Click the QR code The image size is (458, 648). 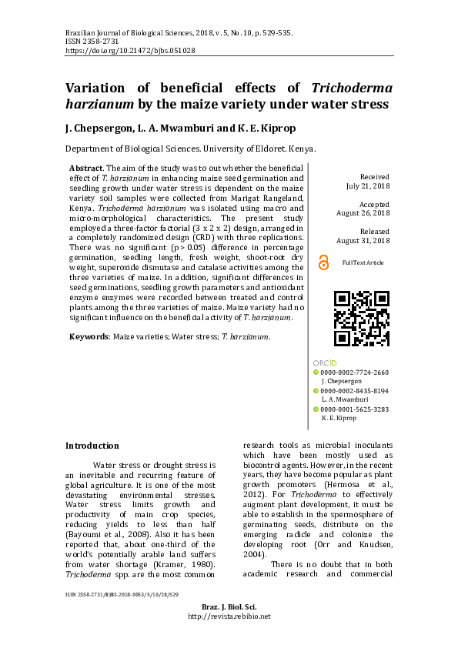point(361,318)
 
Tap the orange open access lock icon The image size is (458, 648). point(323,262)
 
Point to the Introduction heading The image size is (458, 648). point(92,445)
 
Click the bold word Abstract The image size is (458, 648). point(86,168)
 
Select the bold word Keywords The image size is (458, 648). point(89,336)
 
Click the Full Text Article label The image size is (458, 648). point(363,263)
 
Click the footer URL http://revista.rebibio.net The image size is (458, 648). point(229,637)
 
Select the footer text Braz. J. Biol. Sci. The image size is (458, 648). point(229,629)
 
